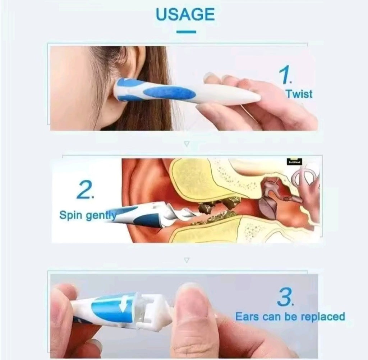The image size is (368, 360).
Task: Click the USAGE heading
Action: pos(185,14)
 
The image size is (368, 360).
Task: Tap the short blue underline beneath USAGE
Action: pos(186,32)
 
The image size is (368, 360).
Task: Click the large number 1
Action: pos(286,76)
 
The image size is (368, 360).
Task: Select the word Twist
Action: pos(299,94)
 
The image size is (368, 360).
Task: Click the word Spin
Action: pos(71,216)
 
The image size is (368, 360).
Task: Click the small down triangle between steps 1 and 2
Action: pos(186,144)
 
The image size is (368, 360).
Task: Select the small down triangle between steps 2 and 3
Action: pos(186,260)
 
